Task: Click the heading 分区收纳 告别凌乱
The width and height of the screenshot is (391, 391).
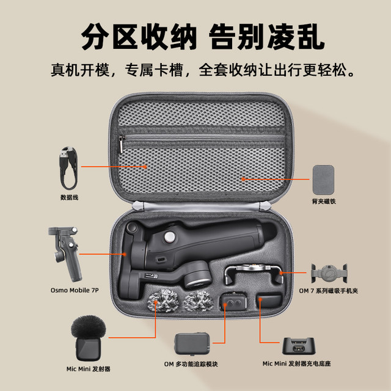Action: pyautogui.click(x=195, y=36)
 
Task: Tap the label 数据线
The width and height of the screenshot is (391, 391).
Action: pyautogui.click(x=69, y=197)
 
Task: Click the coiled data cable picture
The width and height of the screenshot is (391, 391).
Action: pyautogui.click(x=68, y=166)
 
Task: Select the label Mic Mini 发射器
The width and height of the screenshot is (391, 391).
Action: pyautogui.click(x=88, y=369)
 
